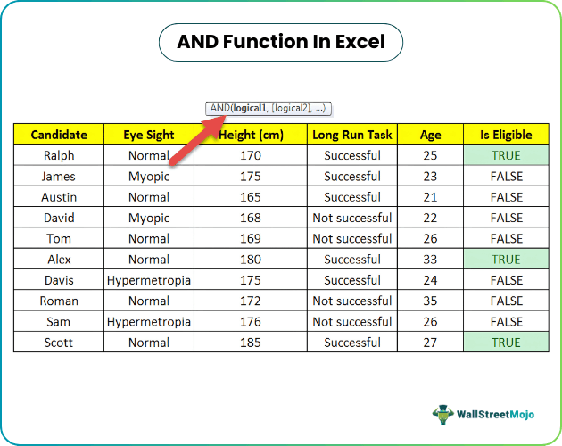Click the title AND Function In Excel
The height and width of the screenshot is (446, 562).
[280, 42]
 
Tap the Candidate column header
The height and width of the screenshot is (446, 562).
[59, 135]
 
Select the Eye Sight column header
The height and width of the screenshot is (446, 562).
[148, 135]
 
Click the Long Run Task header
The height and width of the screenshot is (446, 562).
[351, 135]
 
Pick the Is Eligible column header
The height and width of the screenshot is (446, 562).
[506, 135]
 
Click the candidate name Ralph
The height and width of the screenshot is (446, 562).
[59, 155]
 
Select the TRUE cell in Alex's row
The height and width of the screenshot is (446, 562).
[506, 260]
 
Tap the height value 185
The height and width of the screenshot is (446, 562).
[251, 343]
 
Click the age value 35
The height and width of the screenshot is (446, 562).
[431, 301]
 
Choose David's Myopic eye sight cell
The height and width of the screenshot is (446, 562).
[148, 218]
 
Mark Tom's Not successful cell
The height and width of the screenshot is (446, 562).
[351, 239]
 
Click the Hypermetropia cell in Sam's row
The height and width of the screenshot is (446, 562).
[148, 322]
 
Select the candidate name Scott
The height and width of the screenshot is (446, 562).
[59, 343]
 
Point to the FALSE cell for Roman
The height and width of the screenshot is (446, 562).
[506, 301]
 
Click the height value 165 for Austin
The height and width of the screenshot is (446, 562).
[251, 197]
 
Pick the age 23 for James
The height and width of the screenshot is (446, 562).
[431, 177]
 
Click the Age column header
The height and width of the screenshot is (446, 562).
[431, 135]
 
